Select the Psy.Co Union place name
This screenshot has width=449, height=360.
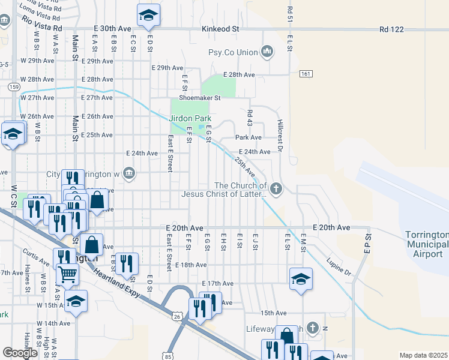pyautogui.click(x=233, y=53)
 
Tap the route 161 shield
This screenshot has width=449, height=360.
pyautogui.click(x=306, y=73)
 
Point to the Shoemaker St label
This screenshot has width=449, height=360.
pyautogui.click(x=200, y=98)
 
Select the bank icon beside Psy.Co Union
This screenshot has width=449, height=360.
pyautogui.click(x=268, y=53)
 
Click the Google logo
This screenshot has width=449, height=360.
pyautogui.click(x=20, y=353)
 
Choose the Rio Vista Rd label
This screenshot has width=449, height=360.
pyautogui.click(x=42, y=23)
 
